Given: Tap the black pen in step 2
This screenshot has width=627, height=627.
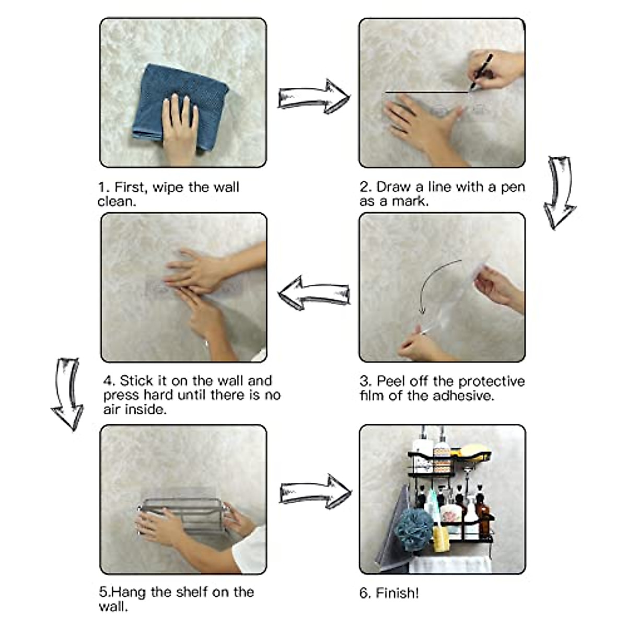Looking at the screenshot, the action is [481, 72].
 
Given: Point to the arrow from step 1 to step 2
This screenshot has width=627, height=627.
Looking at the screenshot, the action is [314, 97].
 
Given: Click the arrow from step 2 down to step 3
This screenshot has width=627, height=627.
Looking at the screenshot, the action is [560, 192].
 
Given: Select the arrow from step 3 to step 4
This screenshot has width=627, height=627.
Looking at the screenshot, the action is [314, 293].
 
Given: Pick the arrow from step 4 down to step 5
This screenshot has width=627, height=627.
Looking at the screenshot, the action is [67, 394].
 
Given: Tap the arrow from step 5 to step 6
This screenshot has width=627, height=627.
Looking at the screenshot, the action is [316, 492].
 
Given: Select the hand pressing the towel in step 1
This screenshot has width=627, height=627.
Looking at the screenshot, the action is [180, 129].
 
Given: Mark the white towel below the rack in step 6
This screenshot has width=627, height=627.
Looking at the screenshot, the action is [450, 564].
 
